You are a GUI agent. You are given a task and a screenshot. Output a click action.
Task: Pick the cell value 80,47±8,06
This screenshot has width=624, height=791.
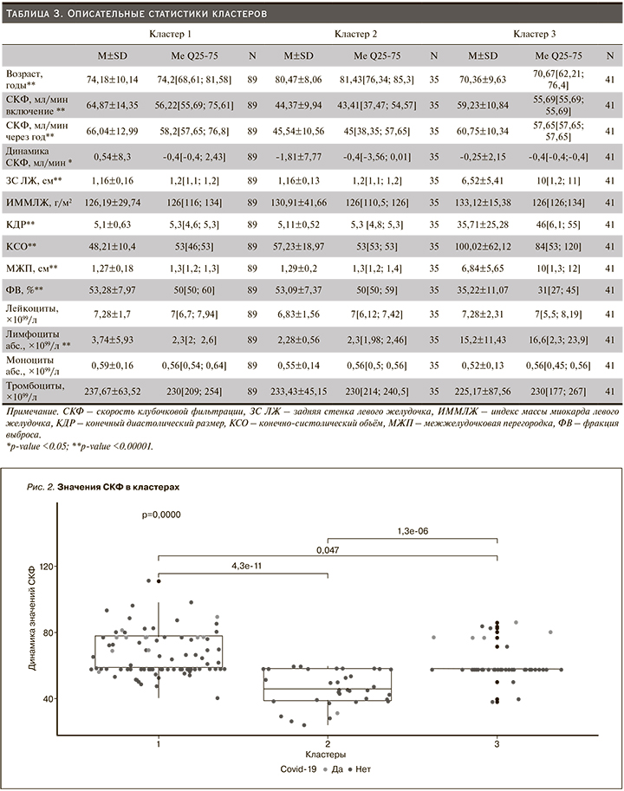pos(300,78)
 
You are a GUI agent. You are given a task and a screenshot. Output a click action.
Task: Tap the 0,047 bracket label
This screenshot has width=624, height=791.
pos(328,548)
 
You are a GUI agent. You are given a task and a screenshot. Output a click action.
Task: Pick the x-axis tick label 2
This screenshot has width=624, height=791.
pos(328,744)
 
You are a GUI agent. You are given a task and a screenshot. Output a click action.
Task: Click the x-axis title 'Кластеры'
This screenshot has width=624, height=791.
pos(328,755)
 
